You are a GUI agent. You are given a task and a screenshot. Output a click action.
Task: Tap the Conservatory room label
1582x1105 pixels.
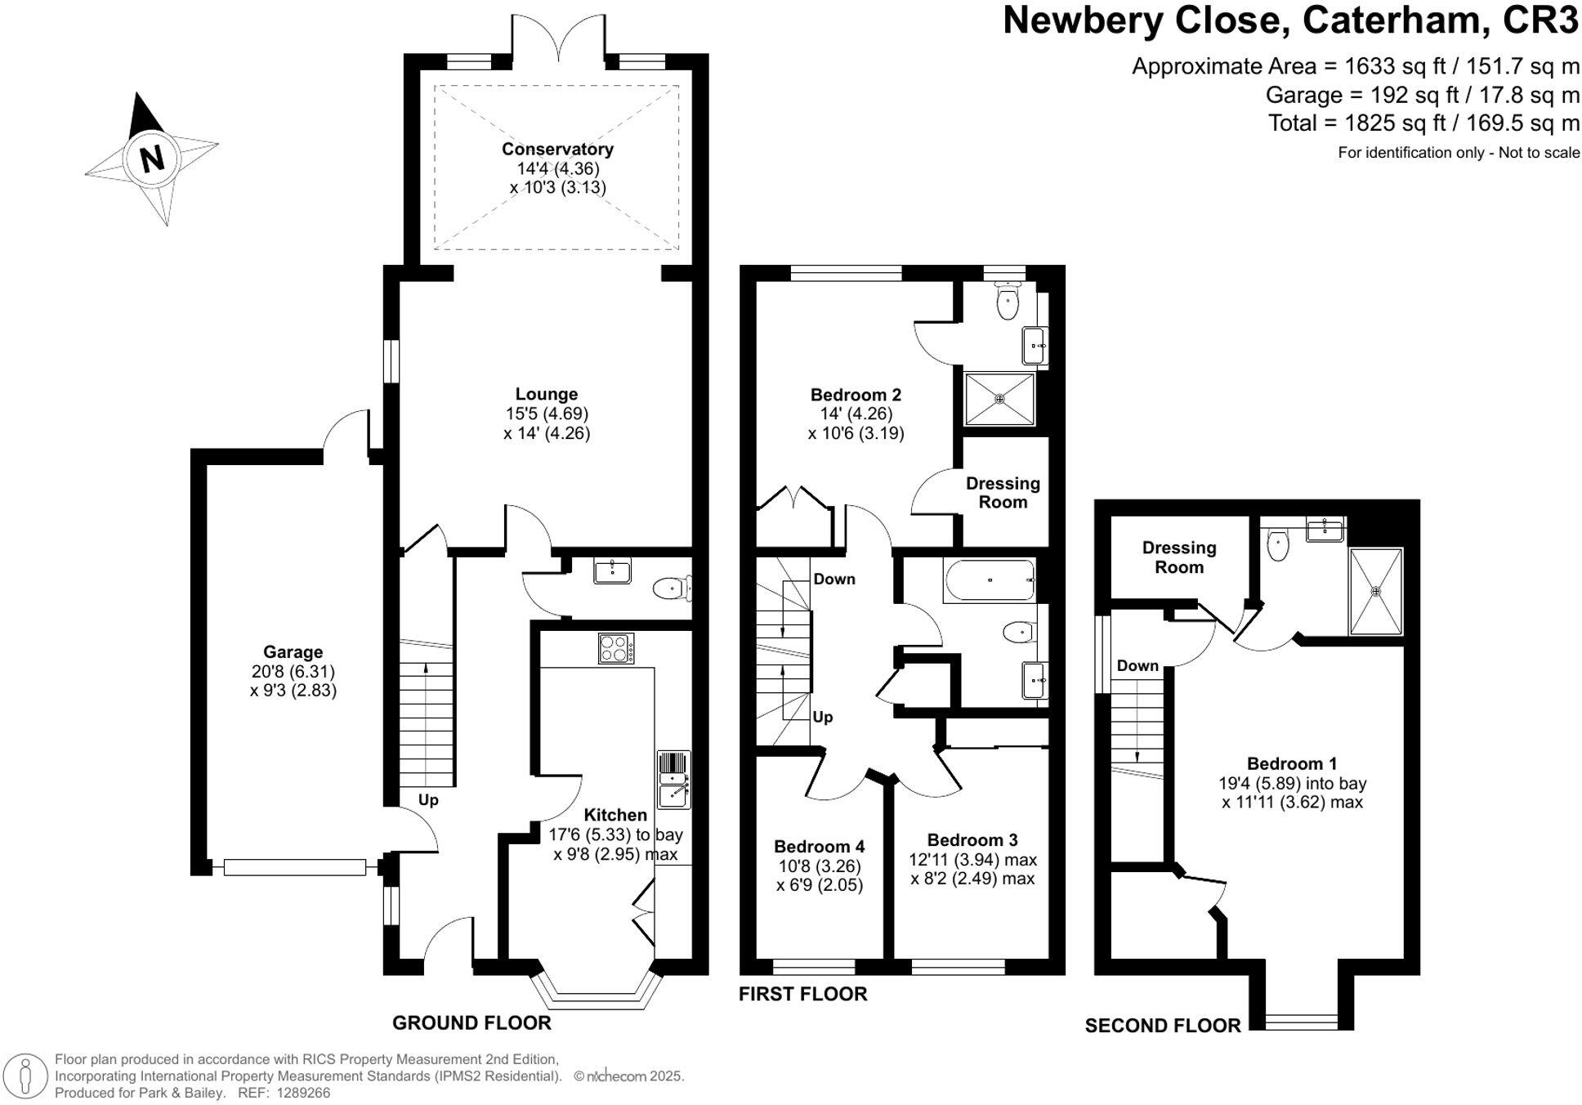click(557, 149)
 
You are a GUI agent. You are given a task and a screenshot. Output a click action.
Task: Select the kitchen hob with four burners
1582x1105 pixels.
click(617, 649)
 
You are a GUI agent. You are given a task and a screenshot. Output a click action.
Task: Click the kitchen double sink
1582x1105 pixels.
click(674, 780)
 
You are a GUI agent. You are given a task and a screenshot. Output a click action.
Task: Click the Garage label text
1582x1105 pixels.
click(293, 652)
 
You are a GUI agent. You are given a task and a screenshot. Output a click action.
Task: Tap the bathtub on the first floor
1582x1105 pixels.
click(990, 580)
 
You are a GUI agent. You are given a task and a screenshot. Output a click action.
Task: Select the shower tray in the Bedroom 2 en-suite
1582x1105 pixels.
click(999, 399)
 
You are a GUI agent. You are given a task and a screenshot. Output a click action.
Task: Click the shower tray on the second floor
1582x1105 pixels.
click(1376, 591)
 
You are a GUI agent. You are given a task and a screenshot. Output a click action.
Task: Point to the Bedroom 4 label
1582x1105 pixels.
click(819, 847)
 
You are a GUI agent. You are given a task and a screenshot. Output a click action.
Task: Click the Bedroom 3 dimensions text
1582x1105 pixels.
click(972, 870)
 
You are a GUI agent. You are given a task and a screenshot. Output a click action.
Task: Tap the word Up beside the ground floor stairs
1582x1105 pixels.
click(428, 800)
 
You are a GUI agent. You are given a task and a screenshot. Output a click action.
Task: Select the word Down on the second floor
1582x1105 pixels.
click(1137, 666)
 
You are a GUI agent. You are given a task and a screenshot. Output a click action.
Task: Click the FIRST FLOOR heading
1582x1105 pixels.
click(802, 994)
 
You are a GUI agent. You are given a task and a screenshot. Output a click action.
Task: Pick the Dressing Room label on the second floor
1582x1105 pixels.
click(1178, 557)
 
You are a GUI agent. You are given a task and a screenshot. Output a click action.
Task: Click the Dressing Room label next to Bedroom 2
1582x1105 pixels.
click(1003, 493)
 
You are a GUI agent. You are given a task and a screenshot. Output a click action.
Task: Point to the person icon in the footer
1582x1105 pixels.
click(26, 1076)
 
